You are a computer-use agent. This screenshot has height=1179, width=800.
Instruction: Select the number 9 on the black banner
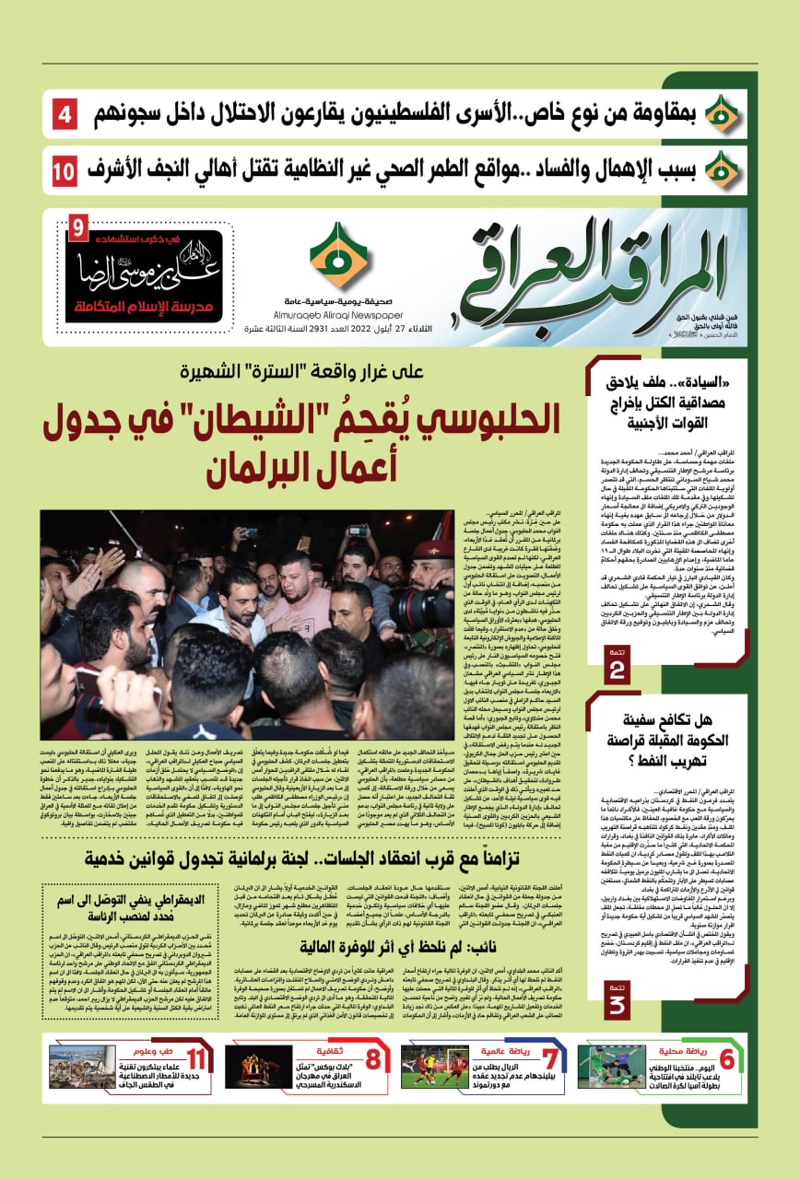pyautogui.click(x=78, y=227)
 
